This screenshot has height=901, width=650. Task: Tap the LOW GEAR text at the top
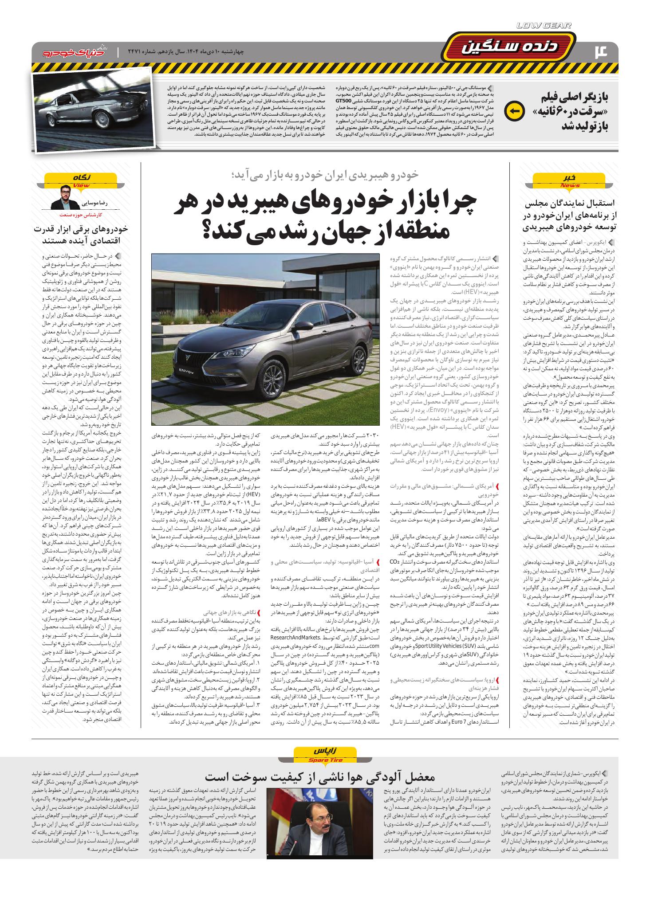[544, 26]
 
